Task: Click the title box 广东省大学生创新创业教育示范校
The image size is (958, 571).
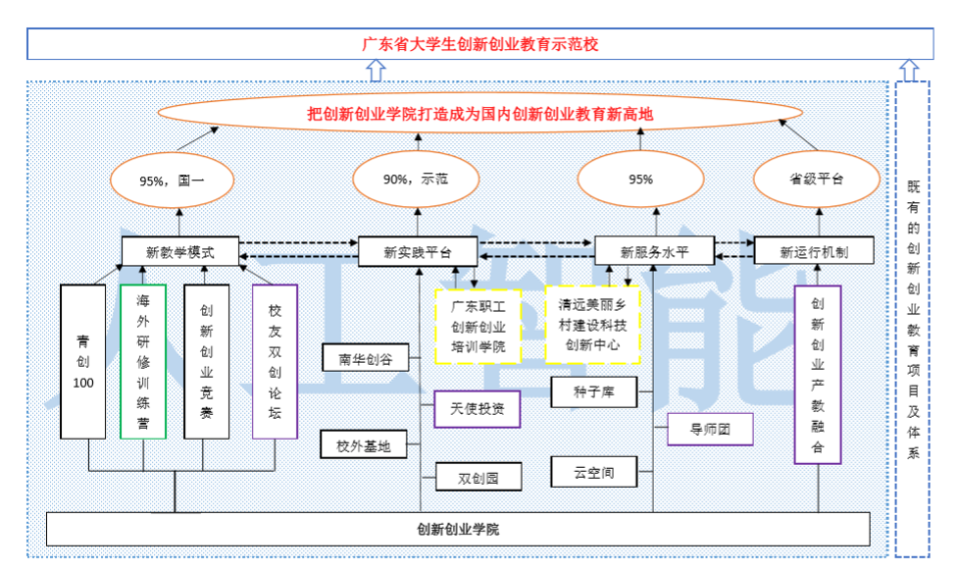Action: pyautogui.click(x=479, y=44)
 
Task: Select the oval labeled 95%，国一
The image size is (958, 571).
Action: pyautogui.click(x=173, y=181)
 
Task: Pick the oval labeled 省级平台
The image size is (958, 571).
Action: pyautogui.click(x=816, y=180)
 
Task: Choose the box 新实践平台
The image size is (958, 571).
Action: pyautogui.click(x=418, y=252)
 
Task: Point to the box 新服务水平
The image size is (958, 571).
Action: pyautogui.click(x=655, y=252)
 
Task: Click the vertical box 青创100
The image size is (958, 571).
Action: pyautogui.click(x=83, y=361)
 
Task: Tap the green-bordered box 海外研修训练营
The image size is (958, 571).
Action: pyautogui.click(x=143, y=361)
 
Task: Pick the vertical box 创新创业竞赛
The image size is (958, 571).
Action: pyautogui.click(x=206, y=361)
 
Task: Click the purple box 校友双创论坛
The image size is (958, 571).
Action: pyautogui.click(x=275, y=361)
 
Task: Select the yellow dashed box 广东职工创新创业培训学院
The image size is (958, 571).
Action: pyautogui.click(x=478, y=326)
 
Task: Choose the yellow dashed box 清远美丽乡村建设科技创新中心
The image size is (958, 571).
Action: pyautogui.click(x=592, y=325)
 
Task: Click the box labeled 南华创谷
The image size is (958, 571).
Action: pyautogui.click(x=366, y=359)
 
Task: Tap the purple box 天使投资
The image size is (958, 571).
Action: pyautogui.click(x=477, y=408)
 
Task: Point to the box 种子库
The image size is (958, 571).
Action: pyautogui.click(x=594, y=394)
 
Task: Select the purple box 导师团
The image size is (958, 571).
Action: pyautogui.click(x=710, y=428)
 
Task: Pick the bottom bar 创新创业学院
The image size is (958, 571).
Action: pyautogui.click(x=458, y=530)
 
